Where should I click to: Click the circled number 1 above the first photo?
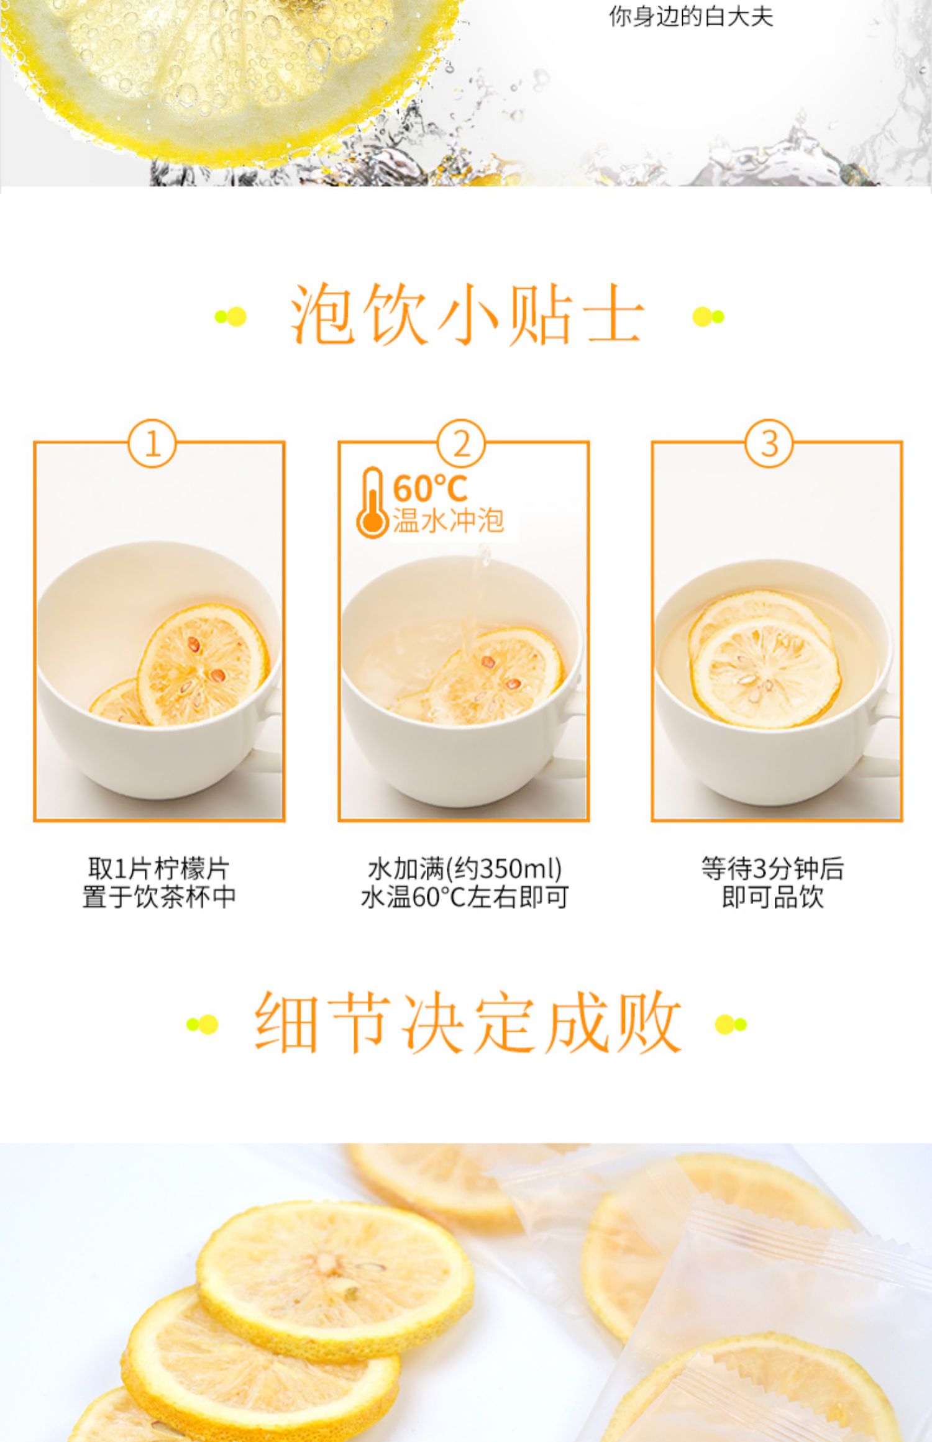coord(152,444)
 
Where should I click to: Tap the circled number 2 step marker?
coord(461,444)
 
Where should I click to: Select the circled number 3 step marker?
coord(769,444)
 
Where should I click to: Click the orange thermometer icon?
coord(372,502)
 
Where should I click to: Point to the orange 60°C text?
coord(429,488)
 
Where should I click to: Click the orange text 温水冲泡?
coord(447,520)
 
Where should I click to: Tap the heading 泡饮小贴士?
coord(467,315)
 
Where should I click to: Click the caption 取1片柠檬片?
coord(158,869)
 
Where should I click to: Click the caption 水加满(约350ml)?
coord(465,869)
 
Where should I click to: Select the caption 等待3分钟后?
coord(772,869)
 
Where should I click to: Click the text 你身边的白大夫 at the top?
coord(691,17)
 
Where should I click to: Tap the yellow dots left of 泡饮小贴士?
coord(231,316)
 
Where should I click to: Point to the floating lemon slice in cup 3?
coord(765,673)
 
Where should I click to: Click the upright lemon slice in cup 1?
coord(203,664)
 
